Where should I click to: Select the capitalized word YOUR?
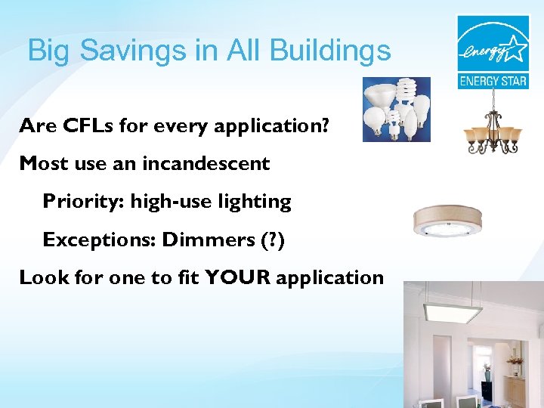[x=238, y=277]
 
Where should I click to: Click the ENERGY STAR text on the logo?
[x=493, y=81]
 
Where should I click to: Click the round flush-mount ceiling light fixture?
[x=446, y=221]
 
